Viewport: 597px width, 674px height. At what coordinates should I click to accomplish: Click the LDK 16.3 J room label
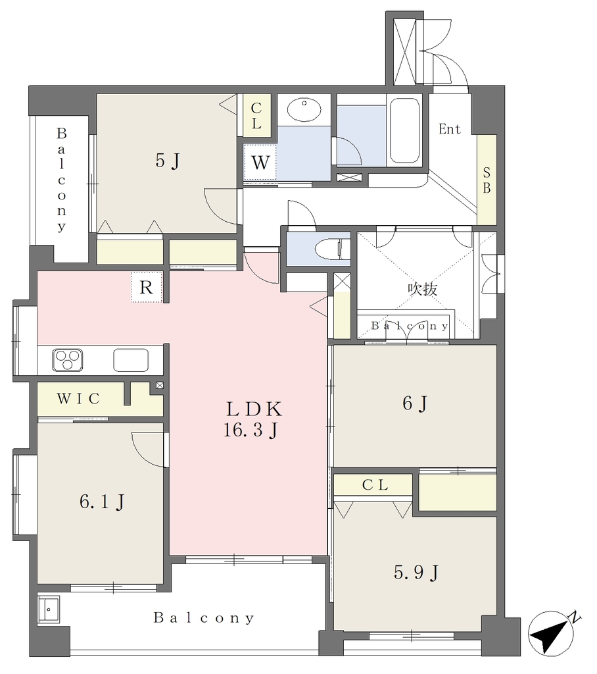pyautogui.click(x=253, y=419)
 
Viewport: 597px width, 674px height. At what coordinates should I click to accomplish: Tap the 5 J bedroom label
pyautogui.click(x=167, y=161)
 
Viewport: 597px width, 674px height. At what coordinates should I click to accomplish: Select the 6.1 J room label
pyautogui.click(x=102, y=502)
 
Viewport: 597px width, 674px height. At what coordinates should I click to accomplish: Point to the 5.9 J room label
pyautogui.click(x=416, y=573)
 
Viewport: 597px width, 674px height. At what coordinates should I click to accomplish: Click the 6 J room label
pyautogui.click(x=414, y=403)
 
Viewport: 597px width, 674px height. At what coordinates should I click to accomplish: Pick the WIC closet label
pyautogui.click(x=78, y=398)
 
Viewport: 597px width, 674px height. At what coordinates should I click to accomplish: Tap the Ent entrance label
pyautogui.click(x=450, y=128)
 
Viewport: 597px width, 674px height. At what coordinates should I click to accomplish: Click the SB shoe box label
pyautogui.click(x=487, y=180)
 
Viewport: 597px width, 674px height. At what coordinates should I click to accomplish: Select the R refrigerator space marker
pyautogui.click(x=147, y=287)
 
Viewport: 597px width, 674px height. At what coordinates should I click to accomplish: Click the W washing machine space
pyautogui.click(x=260, y=163)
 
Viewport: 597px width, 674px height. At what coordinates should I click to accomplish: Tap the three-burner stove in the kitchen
pyautogui.click(x=68, y=360)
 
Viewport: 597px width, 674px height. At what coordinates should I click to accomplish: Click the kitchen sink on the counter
pyautogui.click(x=131, y=360)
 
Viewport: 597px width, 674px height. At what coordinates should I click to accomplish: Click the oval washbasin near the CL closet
pyautogui.click(x=304, y=110)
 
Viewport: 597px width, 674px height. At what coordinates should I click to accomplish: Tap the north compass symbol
pyautogui.click(x=552, y=633)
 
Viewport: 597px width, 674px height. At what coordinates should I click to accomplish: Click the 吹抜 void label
pyautogui.click(x=423, y=290)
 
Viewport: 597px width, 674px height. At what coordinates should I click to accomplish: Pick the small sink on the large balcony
pyautogui.click(x=49, y=609)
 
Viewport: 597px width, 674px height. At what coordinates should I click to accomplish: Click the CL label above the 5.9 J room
pyautogui.click(x=375, y=485)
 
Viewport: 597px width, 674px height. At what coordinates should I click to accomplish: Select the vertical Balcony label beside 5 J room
pyautogui.click(x=61, y=180)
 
